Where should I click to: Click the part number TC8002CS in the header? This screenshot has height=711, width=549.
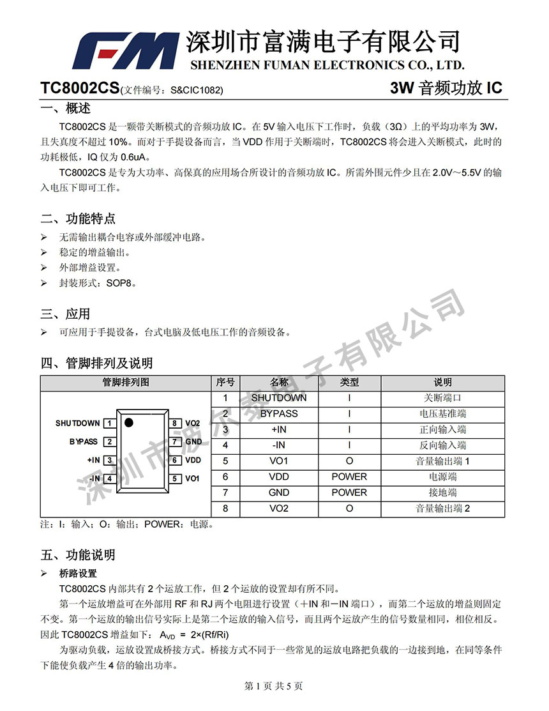(79, 89)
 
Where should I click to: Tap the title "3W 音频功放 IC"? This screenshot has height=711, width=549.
(446, 89)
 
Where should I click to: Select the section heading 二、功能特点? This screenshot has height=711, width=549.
(78, 219)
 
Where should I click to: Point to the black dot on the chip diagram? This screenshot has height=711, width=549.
(129, 422)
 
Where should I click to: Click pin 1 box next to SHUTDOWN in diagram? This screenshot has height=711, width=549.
(110, 423)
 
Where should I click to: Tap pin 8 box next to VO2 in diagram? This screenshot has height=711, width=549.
(174, 423)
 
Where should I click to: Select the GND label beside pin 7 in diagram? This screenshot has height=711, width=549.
(193, 441)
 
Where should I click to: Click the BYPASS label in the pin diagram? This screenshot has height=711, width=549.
(84, 441)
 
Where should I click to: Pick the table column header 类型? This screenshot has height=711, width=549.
(349, 383)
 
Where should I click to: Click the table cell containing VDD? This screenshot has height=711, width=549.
(279, 477)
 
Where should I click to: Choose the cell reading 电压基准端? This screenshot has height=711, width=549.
(442, 414)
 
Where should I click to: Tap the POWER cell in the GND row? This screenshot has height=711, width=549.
(349, 493)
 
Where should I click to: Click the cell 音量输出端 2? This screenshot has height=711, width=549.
(442, 508)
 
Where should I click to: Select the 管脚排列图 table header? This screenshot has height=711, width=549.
(126, 383)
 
